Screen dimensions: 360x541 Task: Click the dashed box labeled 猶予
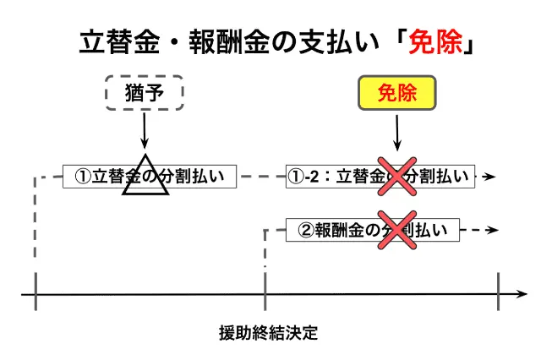(x=144, y=92)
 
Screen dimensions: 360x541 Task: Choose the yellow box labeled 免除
(x=396, y=92)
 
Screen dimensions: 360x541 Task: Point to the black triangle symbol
(x=145, y=177)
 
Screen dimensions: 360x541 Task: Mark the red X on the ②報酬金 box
(x=396, y=229)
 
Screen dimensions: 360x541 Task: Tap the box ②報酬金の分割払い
(x=372, y=229)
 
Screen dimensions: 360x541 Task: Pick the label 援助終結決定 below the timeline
(x=267, y=332)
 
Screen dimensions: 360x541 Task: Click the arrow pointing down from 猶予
(x=144, y=131)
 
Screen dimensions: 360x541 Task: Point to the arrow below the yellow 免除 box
(x=396, y=131)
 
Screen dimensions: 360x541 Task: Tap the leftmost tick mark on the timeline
(x=35, y=293)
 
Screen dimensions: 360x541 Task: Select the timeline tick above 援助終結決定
(x=266, y=293)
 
